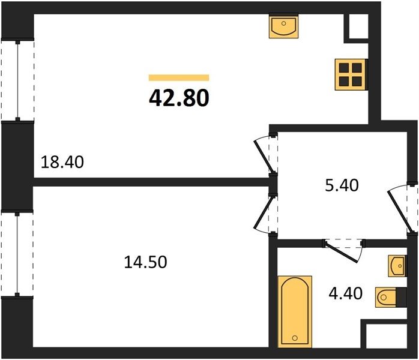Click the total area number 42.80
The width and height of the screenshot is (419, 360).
click(179, 98)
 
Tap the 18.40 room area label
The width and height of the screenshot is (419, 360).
click(62, 162)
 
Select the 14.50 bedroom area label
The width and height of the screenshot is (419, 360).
click(146, 262)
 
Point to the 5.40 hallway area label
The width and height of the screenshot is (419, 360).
click(342, 185)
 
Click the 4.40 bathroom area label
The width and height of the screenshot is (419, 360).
click(346, 293)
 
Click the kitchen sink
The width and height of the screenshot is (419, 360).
click(283, 26)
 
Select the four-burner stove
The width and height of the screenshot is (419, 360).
click(351, 74)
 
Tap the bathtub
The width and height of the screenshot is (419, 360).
click(295, 311)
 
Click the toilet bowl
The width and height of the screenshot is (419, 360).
click(386, 297)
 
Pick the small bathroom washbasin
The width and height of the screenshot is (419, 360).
click(397, 266)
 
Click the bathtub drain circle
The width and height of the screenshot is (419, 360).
click(295, 338)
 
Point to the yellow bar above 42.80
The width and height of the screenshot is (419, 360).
click(179, 77)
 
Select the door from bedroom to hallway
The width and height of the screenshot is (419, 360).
click(265, 214)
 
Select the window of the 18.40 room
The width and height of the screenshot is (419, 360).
click(18, 80)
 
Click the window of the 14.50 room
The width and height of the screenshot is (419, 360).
click(17, 254)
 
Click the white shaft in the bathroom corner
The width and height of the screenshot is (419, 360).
click(387, 336)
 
